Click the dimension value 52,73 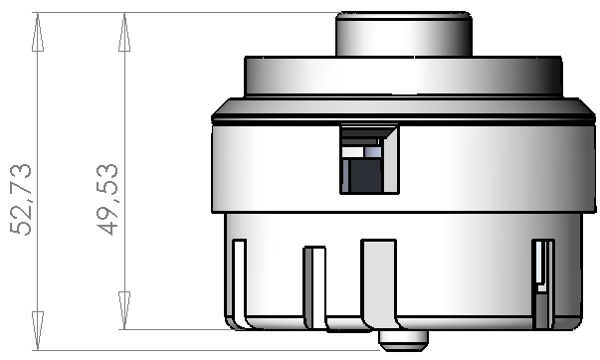click(21, 199)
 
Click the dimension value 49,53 click(107, 199)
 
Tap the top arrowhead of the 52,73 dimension click(38, 32)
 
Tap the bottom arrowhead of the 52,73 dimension click(38, 330)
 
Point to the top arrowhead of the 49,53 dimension click(124, 32)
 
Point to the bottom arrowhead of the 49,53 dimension click(124, 310)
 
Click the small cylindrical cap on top click(404, 34)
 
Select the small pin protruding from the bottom click(404, 340)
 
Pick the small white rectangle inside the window click(352, 152)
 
